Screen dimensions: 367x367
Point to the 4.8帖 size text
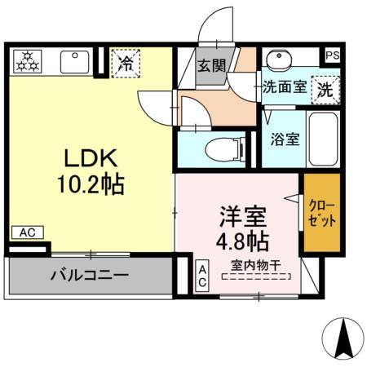click(x=241, y=242)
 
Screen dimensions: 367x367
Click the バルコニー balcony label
click(x=90, y=275)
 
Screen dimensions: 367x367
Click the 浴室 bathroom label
click(x=285, y=138)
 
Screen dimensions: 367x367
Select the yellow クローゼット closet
click(x=321, y=212)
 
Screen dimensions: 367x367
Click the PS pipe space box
click(x=332, y=55)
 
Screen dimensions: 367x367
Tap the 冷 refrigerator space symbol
click(x=125, y=62)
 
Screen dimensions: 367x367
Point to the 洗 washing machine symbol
click(x=325, y=88)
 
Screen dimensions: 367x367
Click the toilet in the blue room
click(x=225, y=149)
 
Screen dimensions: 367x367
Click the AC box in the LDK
click(x=26, y=233)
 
